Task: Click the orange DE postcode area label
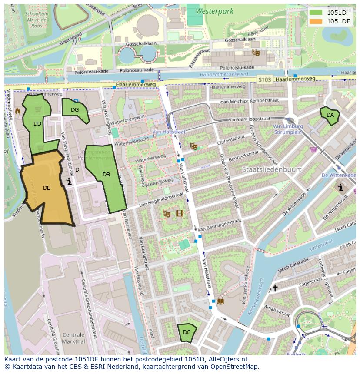coord(47,188)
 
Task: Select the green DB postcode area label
coord(106,175)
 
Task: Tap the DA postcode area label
coord(330,115)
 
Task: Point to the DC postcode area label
coord(187,332)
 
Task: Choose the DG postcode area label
coord(75,110)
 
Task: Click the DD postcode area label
coord(37,124)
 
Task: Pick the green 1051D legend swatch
coord(316,13)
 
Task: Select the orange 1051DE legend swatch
coord(316,21)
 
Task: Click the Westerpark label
coord(214,11)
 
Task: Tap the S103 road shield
coord(264,79)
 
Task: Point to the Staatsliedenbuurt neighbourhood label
coord(271,169)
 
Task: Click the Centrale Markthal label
coord(73,338)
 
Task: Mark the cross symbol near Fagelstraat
coord(275,288)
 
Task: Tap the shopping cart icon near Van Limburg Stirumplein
coord(313,149)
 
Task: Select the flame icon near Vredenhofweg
coord(18,111)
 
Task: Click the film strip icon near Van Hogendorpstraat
coord(180,213)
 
